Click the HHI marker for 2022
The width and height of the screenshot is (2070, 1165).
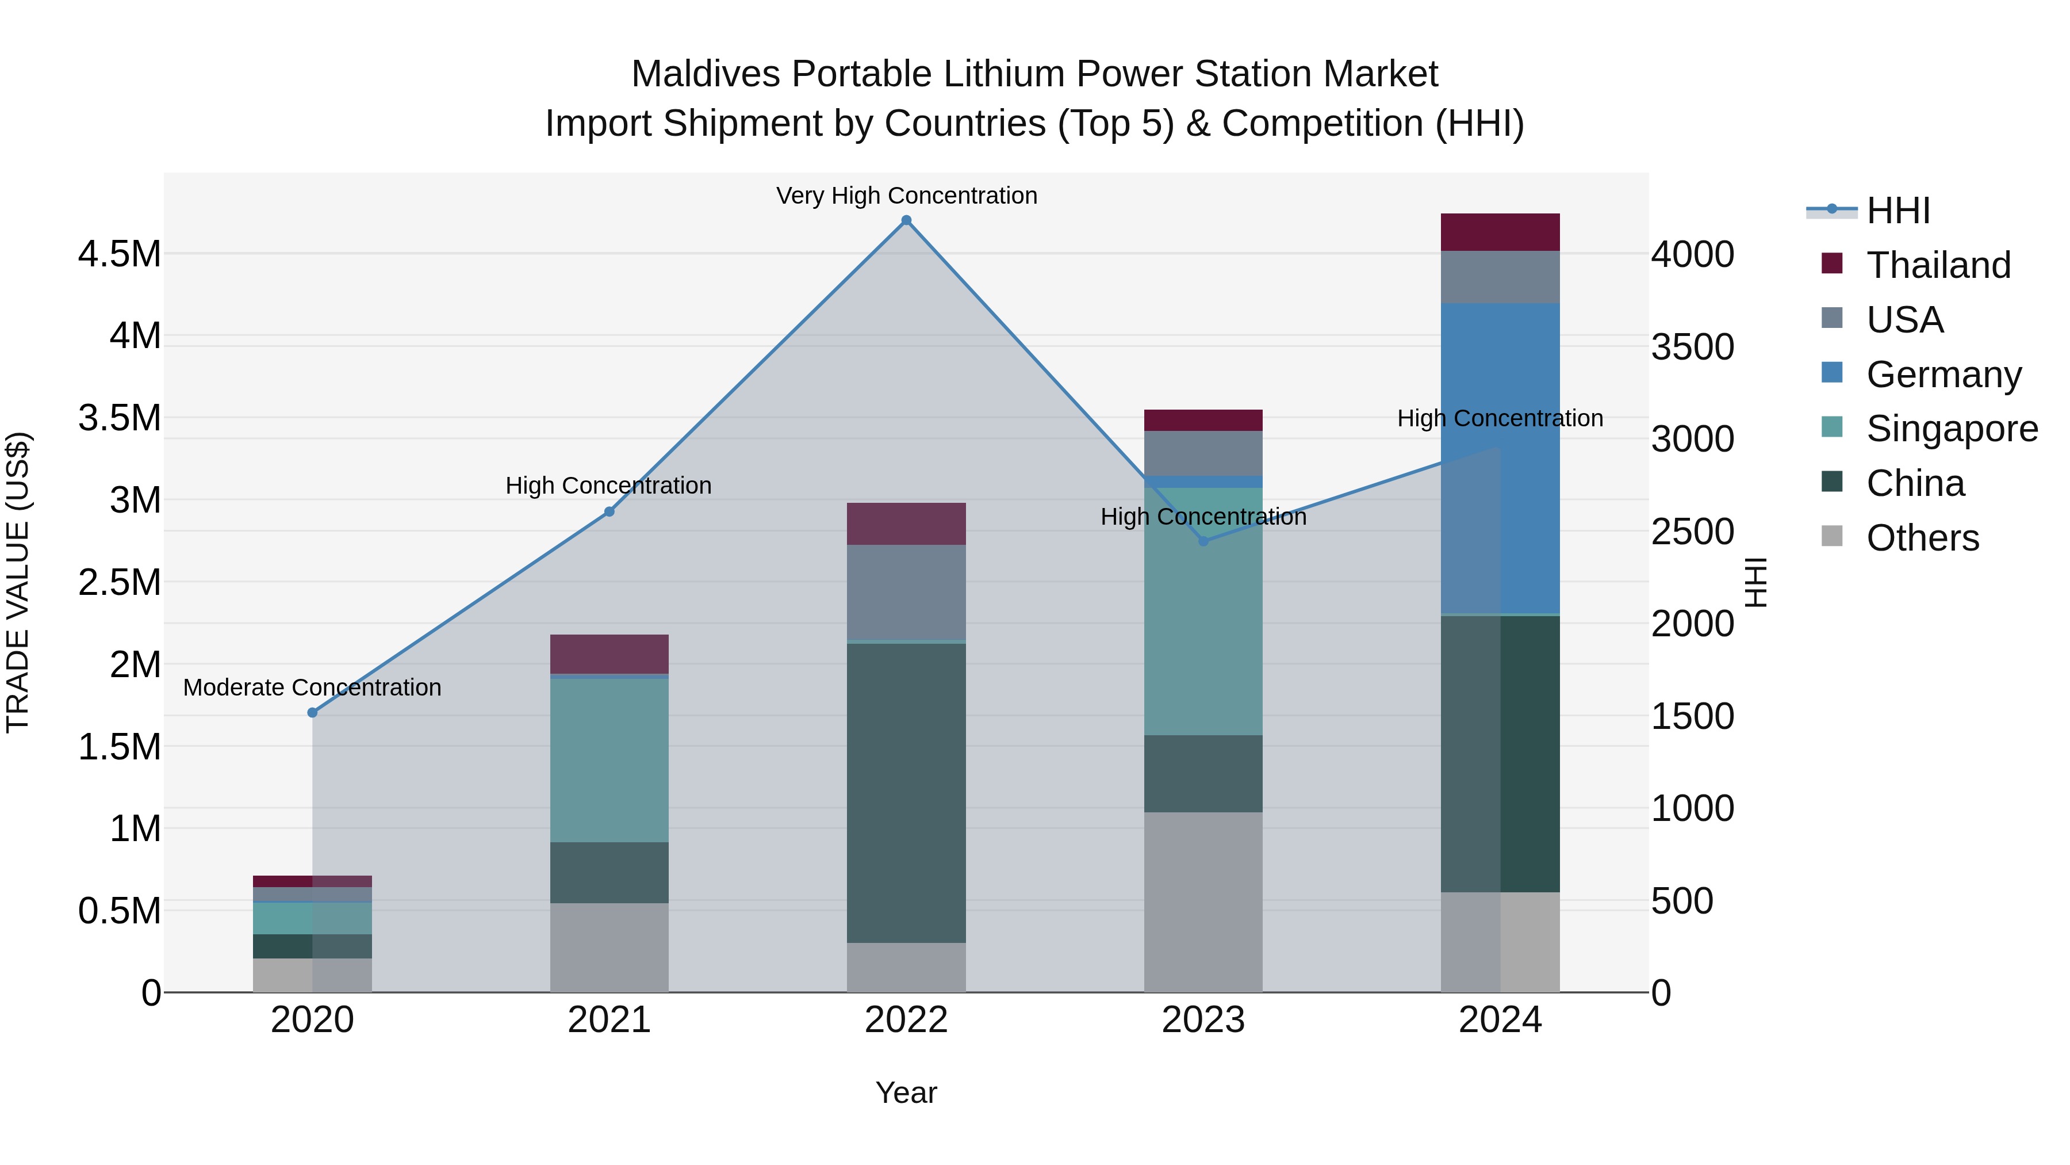906,220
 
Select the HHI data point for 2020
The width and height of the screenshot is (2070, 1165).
313,712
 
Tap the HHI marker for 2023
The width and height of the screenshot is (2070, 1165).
1203,541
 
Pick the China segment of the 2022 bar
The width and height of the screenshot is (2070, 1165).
906,792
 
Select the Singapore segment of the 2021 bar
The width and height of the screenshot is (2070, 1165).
609,760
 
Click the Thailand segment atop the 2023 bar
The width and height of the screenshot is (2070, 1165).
1203,420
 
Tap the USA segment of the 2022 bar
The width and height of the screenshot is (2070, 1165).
906,592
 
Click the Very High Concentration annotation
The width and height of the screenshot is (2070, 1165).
906,196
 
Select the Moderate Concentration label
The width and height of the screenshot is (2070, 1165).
313,687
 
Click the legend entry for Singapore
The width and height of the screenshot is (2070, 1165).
1951,429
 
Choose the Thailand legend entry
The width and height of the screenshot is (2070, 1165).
1937,265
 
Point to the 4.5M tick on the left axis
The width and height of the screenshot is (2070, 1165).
119,254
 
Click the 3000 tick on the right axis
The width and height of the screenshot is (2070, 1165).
1692,439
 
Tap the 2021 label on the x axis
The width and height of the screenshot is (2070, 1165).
609,1020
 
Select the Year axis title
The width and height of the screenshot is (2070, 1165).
906,1093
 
